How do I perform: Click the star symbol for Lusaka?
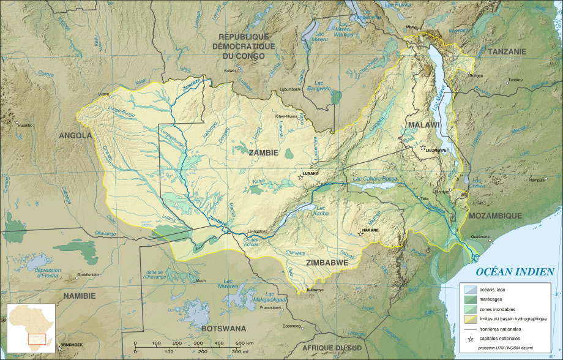(300, 178)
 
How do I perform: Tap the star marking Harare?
(360, 233)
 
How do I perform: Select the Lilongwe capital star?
(423, 148)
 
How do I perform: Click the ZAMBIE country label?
(264, 152)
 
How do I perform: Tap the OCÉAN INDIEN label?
(515, 272)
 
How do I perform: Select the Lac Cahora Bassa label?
(376, 179)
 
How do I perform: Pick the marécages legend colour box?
(470, 299)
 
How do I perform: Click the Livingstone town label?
(257, 231)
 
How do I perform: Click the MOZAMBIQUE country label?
(495, 216)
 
